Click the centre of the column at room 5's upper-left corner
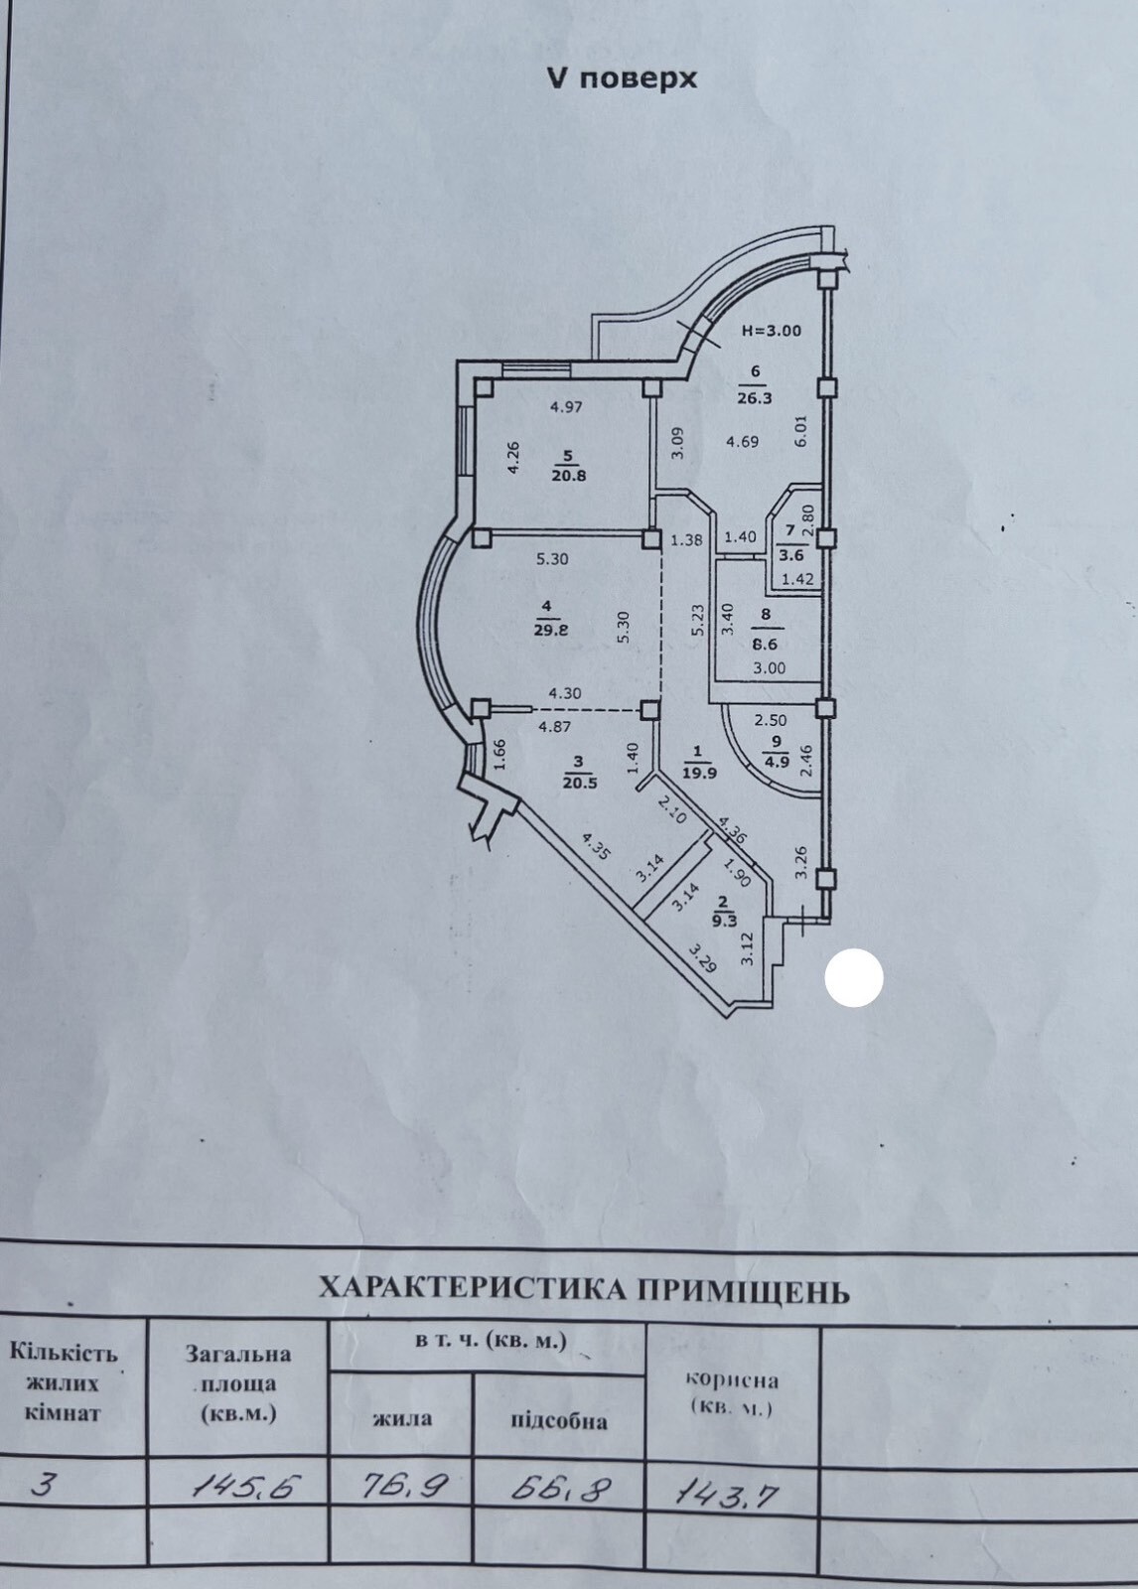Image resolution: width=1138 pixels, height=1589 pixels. [x=484, y=388]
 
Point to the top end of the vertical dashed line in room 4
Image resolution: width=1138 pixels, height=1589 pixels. [x=662, y=550]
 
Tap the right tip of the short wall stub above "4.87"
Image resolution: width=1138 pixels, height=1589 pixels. [x=530, y=707]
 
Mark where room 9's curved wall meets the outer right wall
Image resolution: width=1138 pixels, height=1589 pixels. [x=822, y=798]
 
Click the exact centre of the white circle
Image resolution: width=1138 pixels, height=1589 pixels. [x=854, y=978]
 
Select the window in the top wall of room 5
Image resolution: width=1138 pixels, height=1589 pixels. [x=535, y=367]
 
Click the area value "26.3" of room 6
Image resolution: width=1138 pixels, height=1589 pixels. [x=754, y=398]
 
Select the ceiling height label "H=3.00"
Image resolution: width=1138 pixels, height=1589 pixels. [x=772, y=331]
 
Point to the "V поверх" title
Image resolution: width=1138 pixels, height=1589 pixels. [x=622, y=78]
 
